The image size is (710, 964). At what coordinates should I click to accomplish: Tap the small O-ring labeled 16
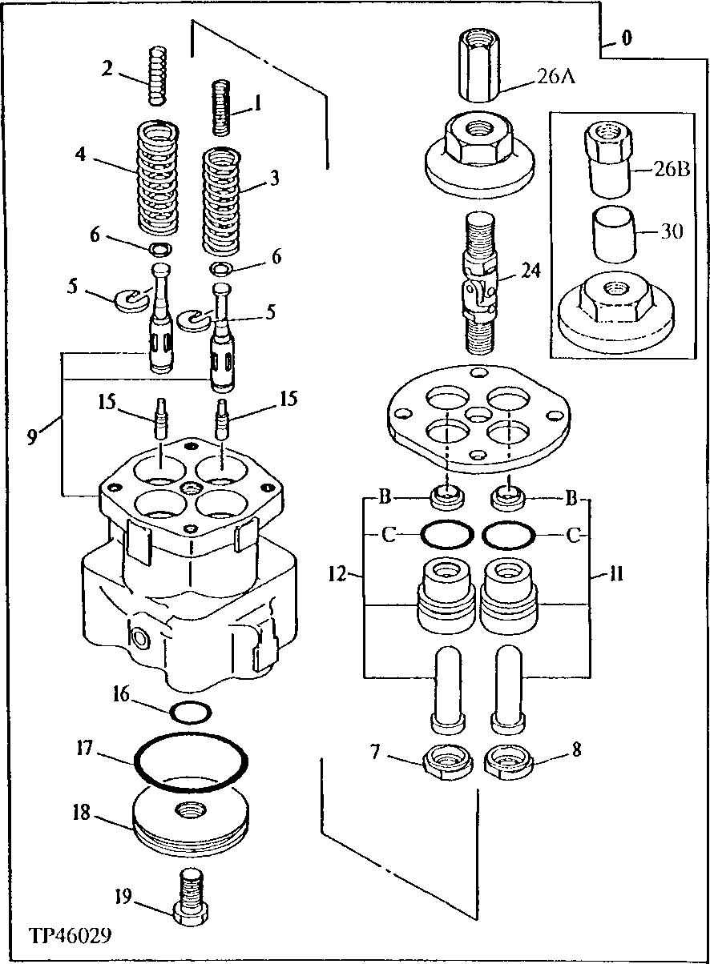point(192,709)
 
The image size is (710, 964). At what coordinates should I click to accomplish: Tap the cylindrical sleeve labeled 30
point(613,232)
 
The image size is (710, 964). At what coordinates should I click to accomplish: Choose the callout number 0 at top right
point(626,38)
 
